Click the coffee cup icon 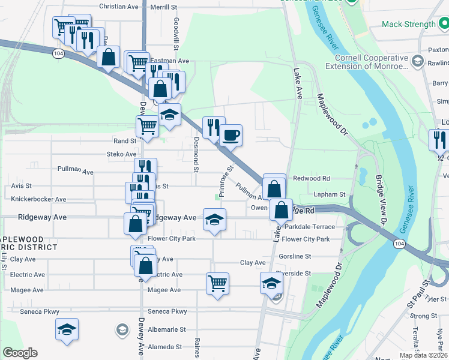tap(231, 134)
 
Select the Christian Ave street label tap(119, 7)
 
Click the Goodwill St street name tap(176, 29)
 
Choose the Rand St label tap(125, 141)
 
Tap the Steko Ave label tap(122, 154)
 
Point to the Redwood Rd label tap(311, 178)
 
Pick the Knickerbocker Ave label tap(38, 199)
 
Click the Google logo tap(20, 353)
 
